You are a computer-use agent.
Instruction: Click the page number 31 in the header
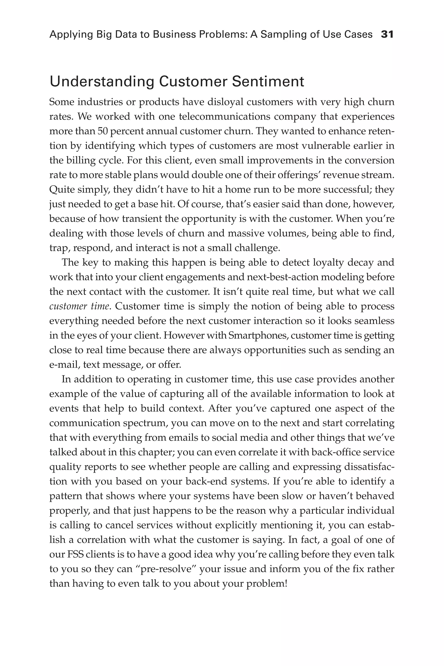387,34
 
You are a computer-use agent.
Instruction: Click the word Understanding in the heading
102,82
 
